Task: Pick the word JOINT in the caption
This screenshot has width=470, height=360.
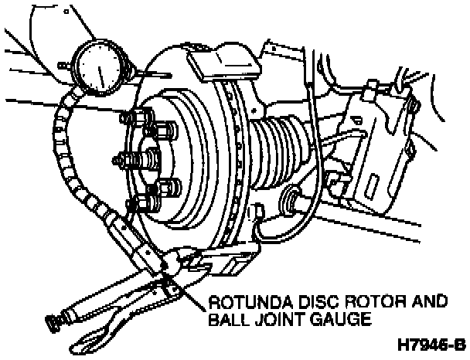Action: coord(271,317)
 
